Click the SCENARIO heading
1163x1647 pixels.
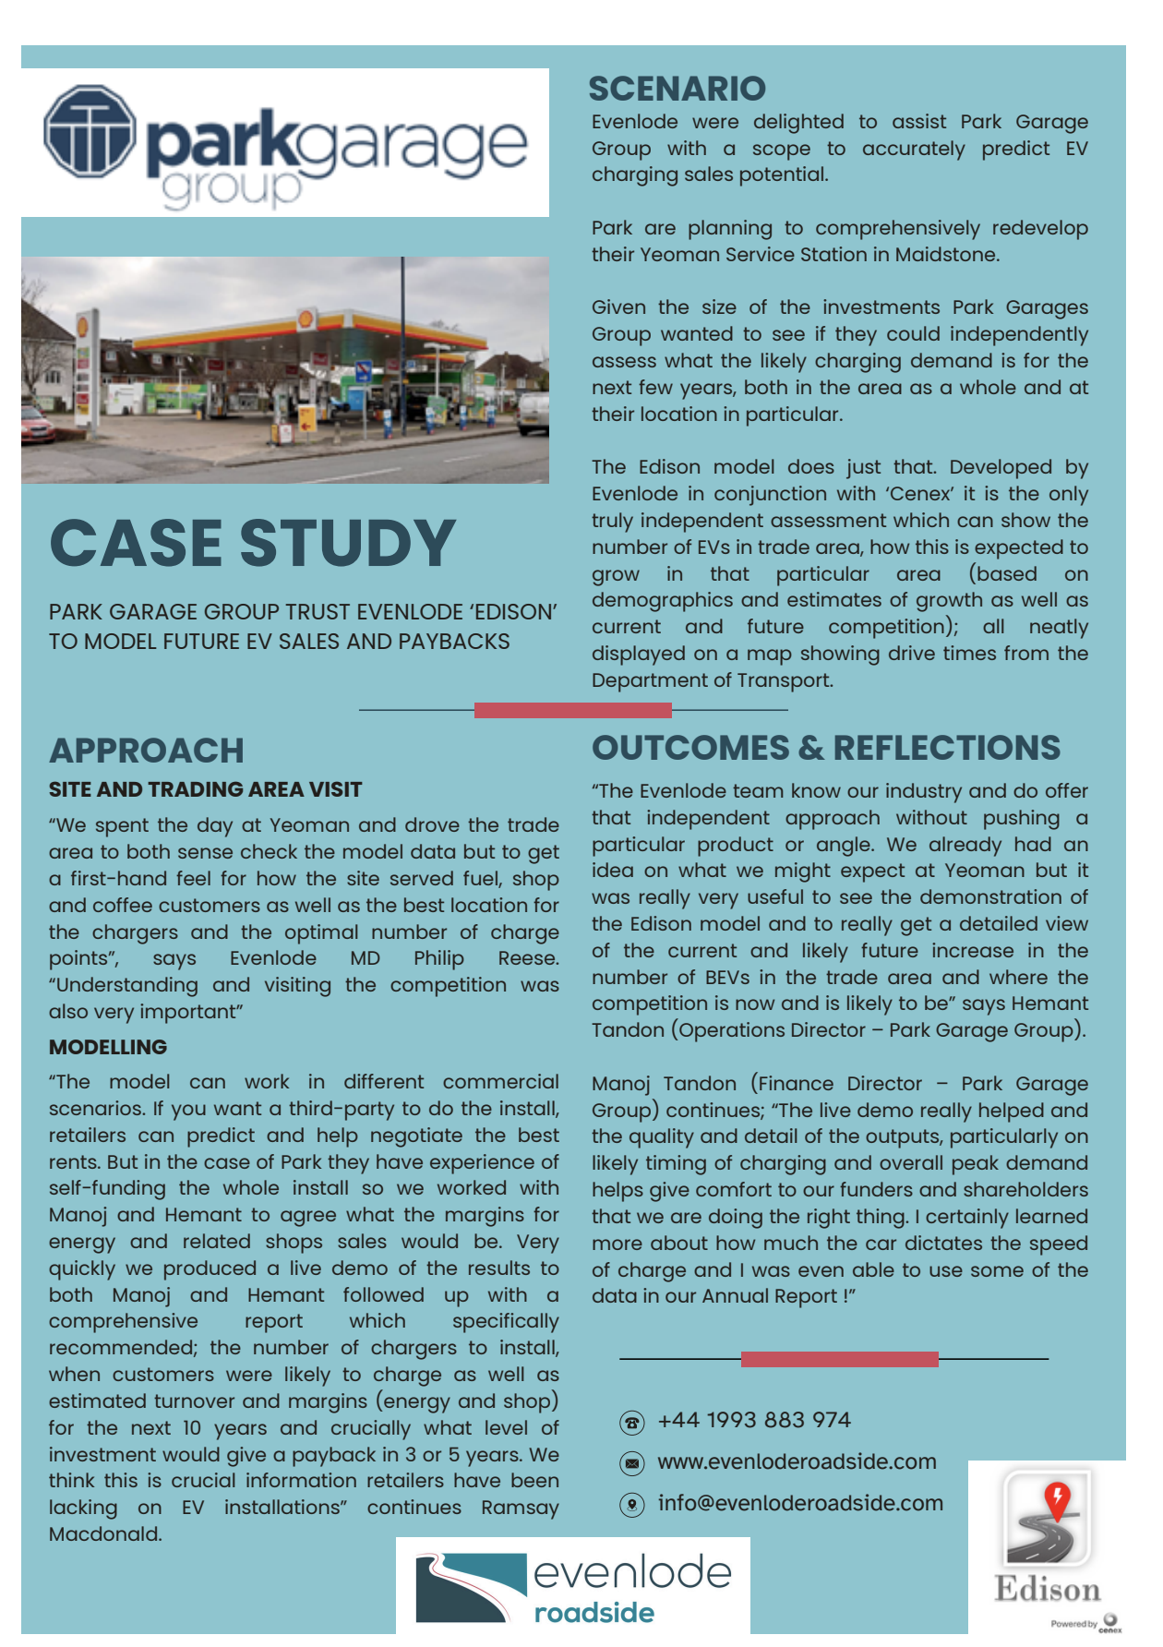coord(677,89)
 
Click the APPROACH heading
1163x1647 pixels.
coord(147,751)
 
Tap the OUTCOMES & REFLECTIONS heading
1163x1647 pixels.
coord(826,748)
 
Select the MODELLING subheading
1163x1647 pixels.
coord(108,1047)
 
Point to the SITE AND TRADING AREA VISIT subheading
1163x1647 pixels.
coord(205,789)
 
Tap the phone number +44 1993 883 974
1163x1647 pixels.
coord(754,1420)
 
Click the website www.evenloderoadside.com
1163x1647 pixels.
coord(797,1461)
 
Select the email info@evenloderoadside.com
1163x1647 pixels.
coord(800,1503)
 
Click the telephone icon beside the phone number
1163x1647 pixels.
coord(631,1422)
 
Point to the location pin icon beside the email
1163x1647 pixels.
coord(631,1505)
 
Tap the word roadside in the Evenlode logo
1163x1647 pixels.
coord(594,1613)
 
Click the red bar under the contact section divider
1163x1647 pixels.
coord(839,1359)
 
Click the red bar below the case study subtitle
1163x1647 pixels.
coord(572,710)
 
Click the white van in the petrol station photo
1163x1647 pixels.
coord(533,413)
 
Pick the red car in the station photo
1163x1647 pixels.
coord(36,426)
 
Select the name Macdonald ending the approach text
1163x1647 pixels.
coord(105,1534)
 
